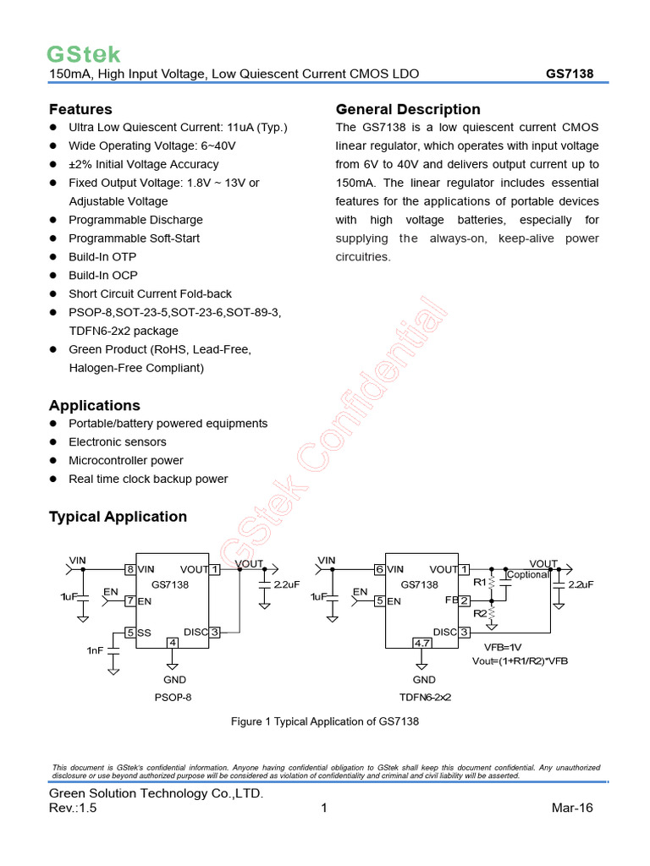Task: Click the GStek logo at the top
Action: point(83,55)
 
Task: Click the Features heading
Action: point(80,109)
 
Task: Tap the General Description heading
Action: point(408,109)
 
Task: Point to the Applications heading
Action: point(95,405)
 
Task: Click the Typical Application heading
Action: point(118,516)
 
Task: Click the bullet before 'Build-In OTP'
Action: point(52,257)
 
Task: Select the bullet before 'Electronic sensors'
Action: point(52,442)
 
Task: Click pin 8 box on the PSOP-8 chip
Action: point(130,570)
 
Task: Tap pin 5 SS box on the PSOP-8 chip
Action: point(130,632)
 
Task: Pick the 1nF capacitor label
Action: point(94,650)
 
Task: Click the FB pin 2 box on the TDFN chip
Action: point(464,600)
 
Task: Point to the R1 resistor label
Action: point(480,583)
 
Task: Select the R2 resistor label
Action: point(480,613)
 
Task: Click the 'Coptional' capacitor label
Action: point(528,575)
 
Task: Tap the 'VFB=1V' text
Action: point(504,647)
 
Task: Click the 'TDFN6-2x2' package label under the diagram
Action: point(425,699)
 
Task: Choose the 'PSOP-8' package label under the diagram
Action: point(174,699)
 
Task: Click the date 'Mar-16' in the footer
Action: point(572,808)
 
